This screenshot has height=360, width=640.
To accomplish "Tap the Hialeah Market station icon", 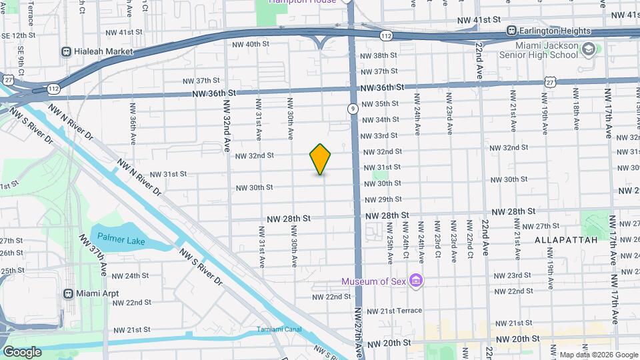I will tap(66, 51).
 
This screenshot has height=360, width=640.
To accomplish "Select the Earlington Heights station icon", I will tap(511, 31).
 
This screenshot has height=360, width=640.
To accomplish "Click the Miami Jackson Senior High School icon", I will tap(588, 49).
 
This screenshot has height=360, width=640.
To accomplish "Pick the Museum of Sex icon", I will tap(416, 280).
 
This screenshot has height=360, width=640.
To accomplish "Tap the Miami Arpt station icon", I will tap(67, 293).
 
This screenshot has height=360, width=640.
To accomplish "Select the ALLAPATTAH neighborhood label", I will tap(561, 239).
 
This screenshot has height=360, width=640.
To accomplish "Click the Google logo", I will tap(22, 351).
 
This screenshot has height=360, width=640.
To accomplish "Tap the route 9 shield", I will tap(352, 108).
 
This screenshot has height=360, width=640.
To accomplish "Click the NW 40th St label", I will tap(250, 44).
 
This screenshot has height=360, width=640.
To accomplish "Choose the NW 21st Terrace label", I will tap(394, 311).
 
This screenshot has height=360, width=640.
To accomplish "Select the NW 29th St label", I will tap(382, 199).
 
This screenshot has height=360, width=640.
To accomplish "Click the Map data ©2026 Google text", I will tap(597, 355).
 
